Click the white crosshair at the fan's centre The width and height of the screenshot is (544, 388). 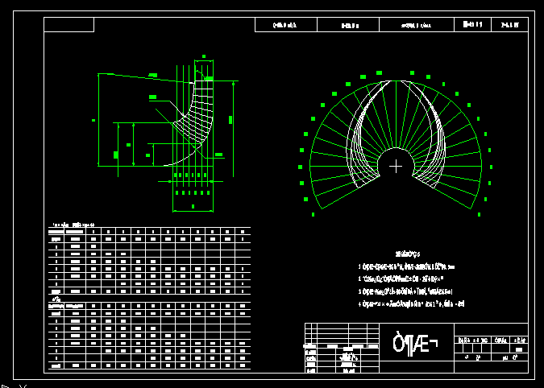pyautogui.click(x=396, y=167)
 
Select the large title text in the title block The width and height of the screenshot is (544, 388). pyautogui.click(x=414, y=344)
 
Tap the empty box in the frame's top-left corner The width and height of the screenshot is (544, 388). pyautogui.click(x=69, y=25)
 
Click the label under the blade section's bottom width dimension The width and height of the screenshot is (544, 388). pyautogui.click(x=193, y=207)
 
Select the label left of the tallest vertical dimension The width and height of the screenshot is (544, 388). pyautogui.click(x=93, y=121)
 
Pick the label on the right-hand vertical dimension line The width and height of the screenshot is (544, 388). pyautogui.click(x=230, y=120)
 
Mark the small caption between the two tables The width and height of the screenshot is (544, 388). pyautogui.click(x=56, y=299)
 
